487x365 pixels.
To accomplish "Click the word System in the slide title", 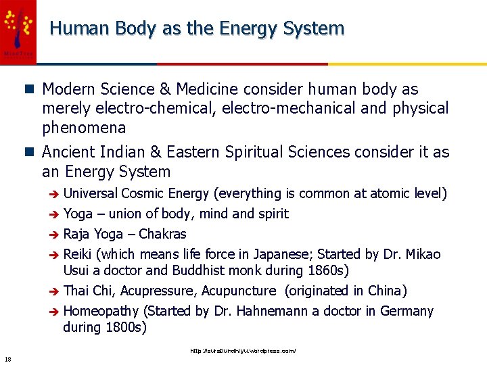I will (x=313, y=28).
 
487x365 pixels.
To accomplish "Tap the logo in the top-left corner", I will (x=18, y=31).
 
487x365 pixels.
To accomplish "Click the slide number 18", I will (x=7, y=359).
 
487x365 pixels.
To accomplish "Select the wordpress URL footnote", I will (x=243, y=351).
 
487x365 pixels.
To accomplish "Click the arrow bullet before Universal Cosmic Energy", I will (x=54, y=195).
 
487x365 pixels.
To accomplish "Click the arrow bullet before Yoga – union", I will (x=54, y=215).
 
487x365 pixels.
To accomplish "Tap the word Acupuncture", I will (x=239, y=291).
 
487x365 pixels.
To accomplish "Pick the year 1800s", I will (x=124, y=328).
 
